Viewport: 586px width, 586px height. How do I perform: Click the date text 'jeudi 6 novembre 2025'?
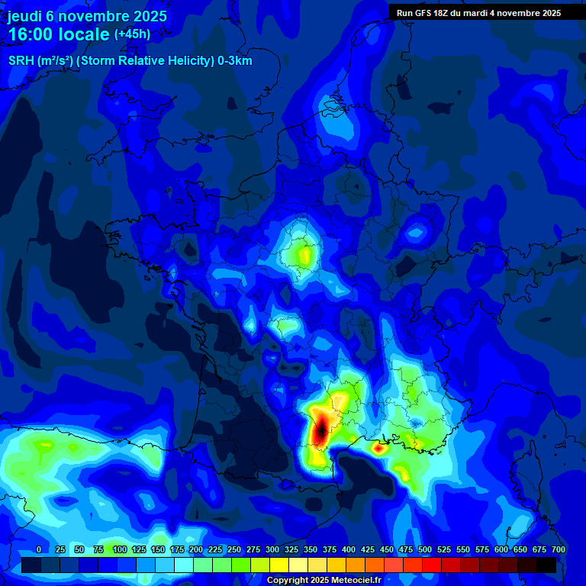87,16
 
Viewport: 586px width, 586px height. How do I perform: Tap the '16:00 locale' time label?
60,35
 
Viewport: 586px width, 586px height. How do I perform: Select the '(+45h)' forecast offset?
132,34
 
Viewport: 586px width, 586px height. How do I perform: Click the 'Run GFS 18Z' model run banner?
430,12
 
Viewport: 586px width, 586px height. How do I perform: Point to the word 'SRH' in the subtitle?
21,61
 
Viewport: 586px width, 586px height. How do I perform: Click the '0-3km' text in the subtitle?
234,61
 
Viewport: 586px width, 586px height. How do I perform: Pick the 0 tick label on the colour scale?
38,550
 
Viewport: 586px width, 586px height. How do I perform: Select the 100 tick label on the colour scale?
119,550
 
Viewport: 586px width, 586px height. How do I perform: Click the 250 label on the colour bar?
234,550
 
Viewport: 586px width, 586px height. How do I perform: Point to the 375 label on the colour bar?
330,550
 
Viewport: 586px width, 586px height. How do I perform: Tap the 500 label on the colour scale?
425,550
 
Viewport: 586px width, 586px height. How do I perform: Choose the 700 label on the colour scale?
558,550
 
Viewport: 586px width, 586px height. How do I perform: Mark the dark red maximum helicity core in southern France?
321,429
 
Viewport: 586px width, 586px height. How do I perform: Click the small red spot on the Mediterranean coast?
378,449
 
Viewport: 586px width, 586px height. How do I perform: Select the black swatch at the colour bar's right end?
546,565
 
